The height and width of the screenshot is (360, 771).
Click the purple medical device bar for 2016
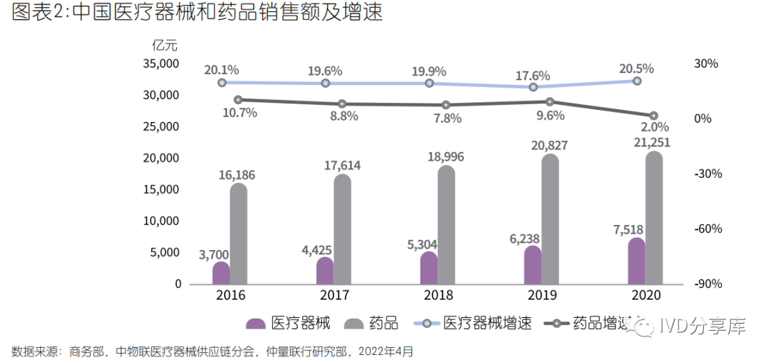click(221, 273)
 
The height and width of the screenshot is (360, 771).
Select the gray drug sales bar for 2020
click(654, 219)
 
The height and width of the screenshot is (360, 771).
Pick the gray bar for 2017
click(343, 229)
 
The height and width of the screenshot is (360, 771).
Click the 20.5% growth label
click(638, 69)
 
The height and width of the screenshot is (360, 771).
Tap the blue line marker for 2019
click(533, 87)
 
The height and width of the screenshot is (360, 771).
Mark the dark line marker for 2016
click(238, 100)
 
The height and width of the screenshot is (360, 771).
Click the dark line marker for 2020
click(653, 116)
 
